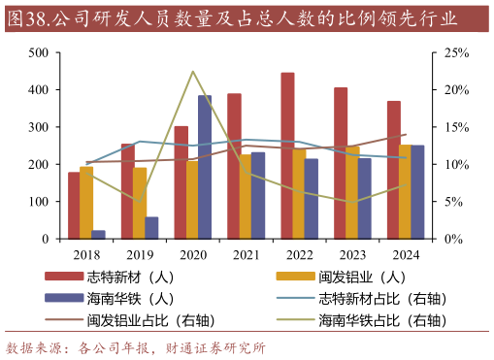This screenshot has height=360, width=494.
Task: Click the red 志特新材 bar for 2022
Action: coord(287,155)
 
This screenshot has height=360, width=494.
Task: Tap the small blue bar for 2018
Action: coord(98,234)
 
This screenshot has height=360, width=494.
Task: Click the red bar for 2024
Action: coord(393,170)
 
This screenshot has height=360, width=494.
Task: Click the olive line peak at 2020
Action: coord(192,72)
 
